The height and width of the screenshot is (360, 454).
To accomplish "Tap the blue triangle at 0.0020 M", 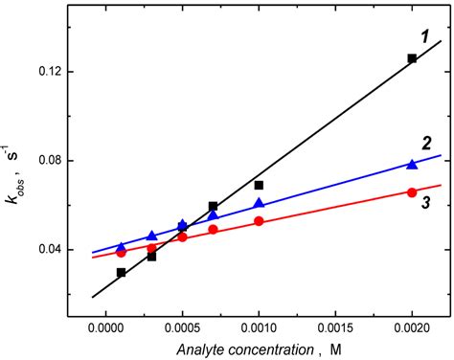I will point(412,165).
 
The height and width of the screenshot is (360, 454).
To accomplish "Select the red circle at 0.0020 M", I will point(412,192).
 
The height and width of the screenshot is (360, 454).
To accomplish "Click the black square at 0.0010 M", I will point(259,185).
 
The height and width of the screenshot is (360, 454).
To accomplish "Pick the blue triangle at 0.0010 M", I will point(259,203).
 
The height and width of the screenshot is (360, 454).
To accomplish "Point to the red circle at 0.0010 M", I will point(259,221).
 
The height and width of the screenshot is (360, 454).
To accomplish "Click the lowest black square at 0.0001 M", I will point(121,272).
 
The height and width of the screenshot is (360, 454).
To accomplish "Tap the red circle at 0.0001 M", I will point(121,253).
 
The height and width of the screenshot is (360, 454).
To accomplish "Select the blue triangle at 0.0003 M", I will point(151,235).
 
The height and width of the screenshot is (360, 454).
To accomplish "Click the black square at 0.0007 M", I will point(213,206).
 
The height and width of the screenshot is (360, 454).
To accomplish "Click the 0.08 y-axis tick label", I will point(59,160).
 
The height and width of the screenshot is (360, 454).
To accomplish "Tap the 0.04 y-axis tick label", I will point(59,249).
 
